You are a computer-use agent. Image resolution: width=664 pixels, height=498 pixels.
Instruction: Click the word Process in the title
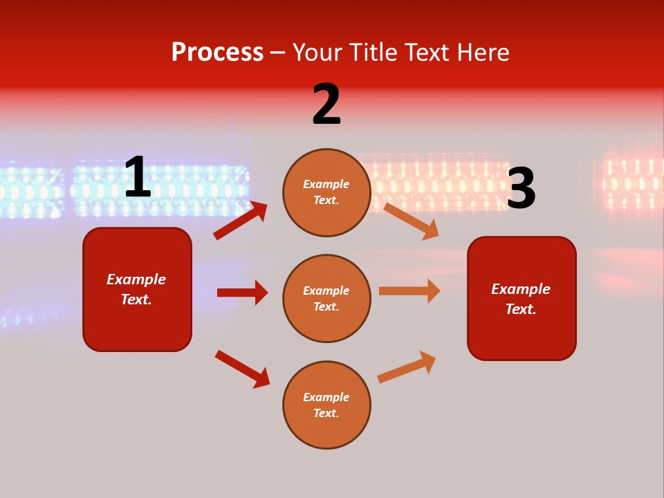[x=217, y=53]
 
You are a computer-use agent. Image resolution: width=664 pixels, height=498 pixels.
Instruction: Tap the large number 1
[x=138, y=178]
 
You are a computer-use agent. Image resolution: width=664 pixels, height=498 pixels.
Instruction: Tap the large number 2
[x=326, y=104]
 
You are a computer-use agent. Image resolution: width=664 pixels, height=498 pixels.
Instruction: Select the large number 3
[x=521, y=189]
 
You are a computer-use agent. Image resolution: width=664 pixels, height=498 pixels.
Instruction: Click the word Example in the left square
[x=136, y=279]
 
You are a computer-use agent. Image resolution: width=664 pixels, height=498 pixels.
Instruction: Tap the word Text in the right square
[x=520, y=309]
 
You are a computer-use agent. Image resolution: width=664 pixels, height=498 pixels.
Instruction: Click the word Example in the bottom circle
[x=326, y=397]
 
